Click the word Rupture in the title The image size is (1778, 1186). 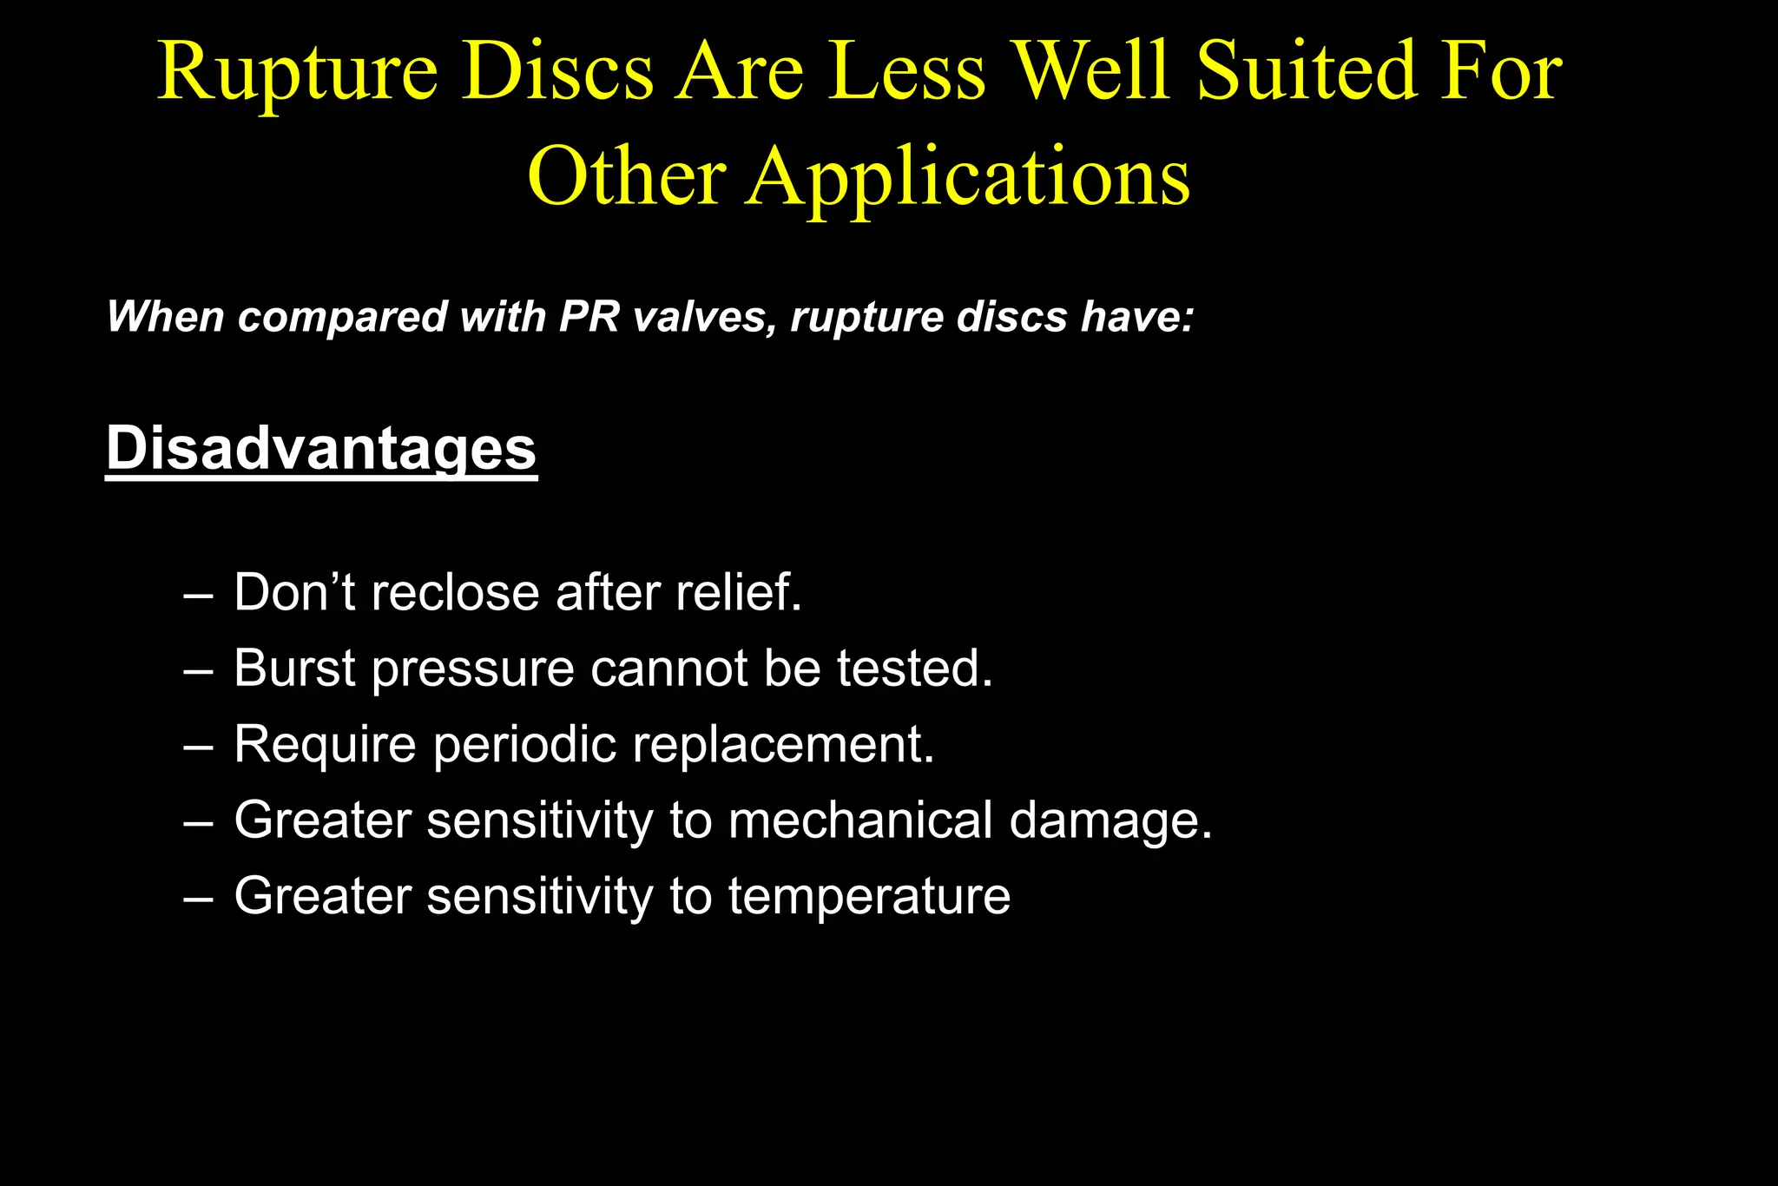tap(297, 74)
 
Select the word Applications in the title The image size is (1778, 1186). tap(968, 178)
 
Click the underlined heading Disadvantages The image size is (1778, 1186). tap(321, 449)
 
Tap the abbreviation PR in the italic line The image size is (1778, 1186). tap(589, 316)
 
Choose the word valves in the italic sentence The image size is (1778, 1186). tap(704, 316)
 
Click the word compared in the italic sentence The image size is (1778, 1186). tap(342, 318)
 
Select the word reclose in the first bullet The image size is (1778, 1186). tap(455, 593)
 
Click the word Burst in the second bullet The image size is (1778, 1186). tap(295, 669)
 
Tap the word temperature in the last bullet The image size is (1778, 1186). tap(869, 897)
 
